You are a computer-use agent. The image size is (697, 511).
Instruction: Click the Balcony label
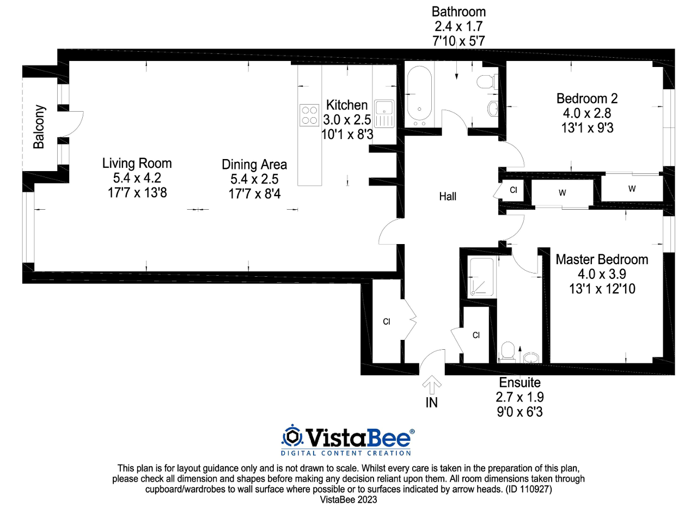pyautogui.click(x=39, y=127)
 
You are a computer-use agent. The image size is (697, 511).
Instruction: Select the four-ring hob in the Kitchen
pyautogui.click(x=309, y=115)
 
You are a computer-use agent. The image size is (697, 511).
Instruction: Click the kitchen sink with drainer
pyautogui.click(x=384, y=114)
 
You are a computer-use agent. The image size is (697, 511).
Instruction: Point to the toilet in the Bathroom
pyautogui.click(x=487, y=82)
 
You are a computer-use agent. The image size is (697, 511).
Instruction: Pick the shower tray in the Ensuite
pyautogui.click(x=481, y=277)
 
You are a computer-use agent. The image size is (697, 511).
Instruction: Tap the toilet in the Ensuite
pyautogui.click(x=508, y=352)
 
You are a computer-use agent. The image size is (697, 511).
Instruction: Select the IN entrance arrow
pyautogui.click(x=432, y=385)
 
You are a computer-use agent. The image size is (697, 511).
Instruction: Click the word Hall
pyautogui.click(x=448, y=196)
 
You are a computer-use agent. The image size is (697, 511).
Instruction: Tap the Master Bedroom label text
pyautogui.click(x=602, y=259)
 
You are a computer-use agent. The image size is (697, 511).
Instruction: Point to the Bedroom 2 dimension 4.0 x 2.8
pyautogui.click(x=587, y=113)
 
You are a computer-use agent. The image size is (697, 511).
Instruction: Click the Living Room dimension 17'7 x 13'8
pyautogui.click(x=137, y=193)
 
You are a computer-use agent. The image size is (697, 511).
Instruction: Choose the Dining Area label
pyautogui.click(x=254, y=165)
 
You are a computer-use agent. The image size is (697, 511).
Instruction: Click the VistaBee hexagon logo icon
pyautogui.click(x=292, y=436)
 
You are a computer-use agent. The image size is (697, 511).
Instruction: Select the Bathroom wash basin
pyautogui.click(x=493, y=108)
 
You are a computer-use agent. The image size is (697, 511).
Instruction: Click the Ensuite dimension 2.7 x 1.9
pyautogui.click(x=519, y=397)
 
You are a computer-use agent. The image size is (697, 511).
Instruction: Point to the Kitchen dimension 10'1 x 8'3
pyautogui.click(x=347, y=135)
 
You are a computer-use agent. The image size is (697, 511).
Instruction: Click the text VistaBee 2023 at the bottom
pyautogui.click(x=348, y=500)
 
